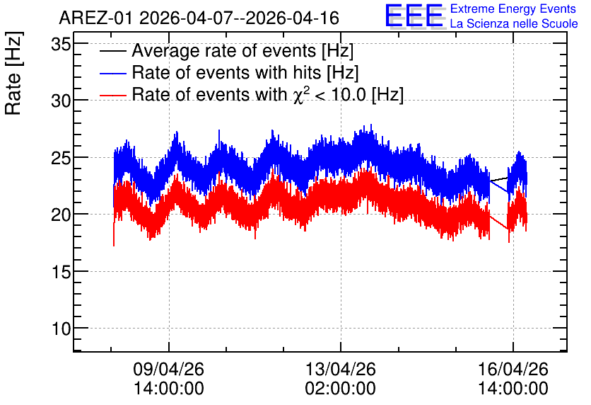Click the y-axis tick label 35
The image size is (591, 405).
click(x=61, y=45)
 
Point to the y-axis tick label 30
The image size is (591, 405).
click(x=61, y=101)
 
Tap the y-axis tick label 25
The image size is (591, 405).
click(x=61, y=158)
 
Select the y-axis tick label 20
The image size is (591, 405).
click(x=61, y=215)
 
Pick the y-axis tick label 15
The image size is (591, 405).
click(x=61, y=272)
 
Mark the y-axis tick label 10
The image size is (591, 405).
click(x=61, y=329)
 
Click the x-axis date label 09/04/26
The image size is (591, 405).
click(x=168, y=369)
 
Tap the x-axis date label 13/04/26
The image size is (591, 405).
click(x=340, y=369)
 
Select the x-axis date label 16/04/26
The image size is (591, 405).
click(x=513, y=369)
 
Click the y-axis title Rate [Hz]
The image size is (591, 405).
click(x=13, y=73)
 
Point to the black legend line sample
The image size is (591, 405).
click(x=112, y=51)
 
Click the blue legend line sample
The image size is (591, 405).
click(x=112, y=73)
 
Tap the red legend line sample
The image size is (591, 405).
click(x=112, y=95)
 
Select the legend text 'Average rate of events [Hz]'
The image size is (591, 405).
click(x=242, y=51)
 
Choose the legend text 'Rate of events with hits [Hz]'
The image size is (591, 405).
click(x=245, y=73)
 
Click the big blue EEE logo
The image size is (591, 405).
click(x=414, y=16)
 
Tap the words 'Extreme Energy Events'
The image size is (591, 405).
click(x=513, y=8)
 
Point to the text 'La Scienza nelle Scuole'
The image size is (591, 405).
click(x=514, y=23)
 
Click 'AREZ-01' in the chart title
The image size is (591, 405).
click(x=95, y=18)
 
